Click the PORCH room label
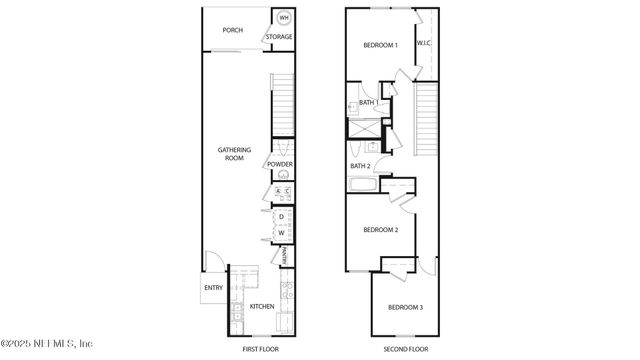(233, 30)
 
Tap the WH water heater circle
(284, 18)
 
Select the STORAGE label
(280, 37)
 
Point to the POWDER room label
(280, 164)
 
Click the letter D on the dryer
(282, 216)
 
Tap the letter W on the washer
(282, 233)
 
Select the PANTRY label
(284, 256)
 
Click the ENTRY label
(214, 288)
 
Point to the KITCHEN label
(262, 306)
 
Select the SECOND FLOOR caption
(406, 349)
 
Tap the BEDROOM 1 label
(380, 45)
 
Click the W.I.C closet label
(424, 43)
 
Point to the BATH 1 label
(369, 102)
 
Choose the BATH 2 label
(361, 166)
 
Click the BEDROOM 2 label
(381, 230)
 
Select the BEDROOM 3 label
(406, 306)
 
